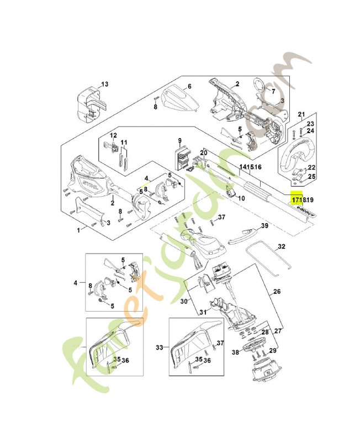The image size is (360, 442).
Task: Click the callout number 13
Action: click(105, 84)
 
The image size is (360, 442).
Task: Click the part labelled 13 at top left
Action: click(88, 105)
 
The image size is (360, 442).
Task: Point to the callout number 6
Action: click(189, 86)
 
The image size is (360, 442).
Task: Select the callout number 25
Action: click(311, 176)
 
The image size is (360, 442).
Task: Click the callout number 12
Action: click(113, 135)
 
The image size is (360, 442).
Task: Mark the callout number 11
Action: click(124, 142)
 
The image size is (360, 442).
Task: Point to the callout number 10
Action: click(241, 196)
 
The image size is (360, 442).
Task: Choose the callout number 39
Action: click(264, 226)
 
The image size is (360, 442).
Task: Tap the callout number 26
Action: click(277, 291)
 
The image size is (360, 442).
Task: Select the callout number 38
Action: click(235, 352)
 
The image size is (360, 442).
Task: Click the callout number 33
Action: click(160, 348)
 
